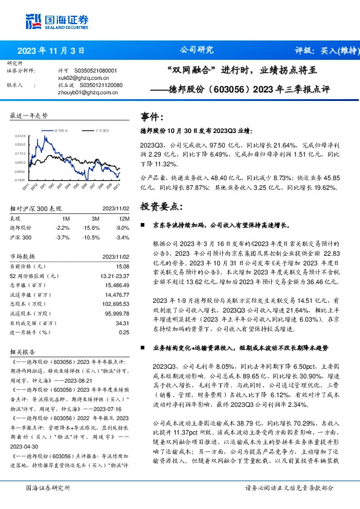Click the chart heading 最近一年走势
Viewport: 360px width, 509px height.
tap(30, 115)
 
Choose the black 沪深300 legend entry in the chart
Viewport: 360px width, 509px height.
tap(102, 130)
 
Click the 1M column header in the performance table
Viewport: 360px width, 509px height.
tap(66, 218)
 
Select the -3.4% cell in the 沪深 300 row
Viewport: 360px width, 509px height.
tap(122, 237)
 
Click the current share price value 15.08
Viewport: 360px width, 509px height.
tap(123, 266)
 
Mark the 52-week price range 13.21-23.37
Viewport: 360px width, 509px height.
tap(114, 276)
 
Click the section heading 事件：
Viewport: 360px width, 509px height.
tap(152, 117)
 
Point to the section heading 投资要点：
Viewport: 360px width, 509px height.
tap(160, 206)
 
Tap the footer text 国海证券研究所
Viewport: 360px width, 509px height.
tap(48, 488)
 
